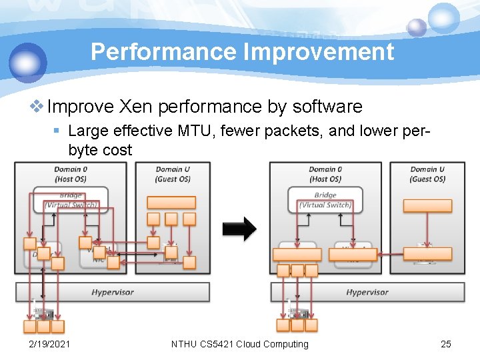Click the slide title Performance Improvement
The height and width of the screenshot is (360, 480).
pyautogui.click(x=242, y=51)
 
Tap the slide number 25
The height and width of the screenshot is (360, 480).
pyautogui.click(x=446, y=344)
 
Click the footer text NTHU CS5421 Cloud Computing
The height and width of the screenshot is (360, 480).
pyautogui.click(x=240, y=344)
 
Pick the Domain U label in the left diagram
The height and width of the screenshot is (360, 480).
pyautogui.click(x=173, y=174)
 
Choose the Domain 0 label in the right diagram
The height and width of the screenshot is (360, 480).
pyautogui.click(x=325, y=174)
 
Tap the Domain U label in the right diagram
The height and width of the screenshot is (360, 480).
pyautogui.click(x=427, y=174)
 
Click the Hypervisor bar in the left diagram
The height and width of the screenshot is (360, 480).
pyautogui.click(x=112, y=292)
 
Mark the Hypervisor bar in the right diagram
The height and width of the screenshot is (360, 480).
pyautogui.click(x=367, y=292)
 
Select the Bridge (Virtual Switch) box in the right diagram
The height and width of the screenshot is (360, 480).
pyautogui.click(x=325, y=200)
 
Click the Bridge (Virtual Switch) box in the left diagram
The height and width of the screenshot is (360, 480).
pyautogui.click(x=71, y=200)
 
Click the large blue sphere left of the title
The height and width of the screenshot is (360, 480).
pyautogui.click(x=28, y=62)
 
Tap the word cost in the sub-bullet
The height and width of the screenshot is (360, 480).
pyautogui.click(x=117, y=150)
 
